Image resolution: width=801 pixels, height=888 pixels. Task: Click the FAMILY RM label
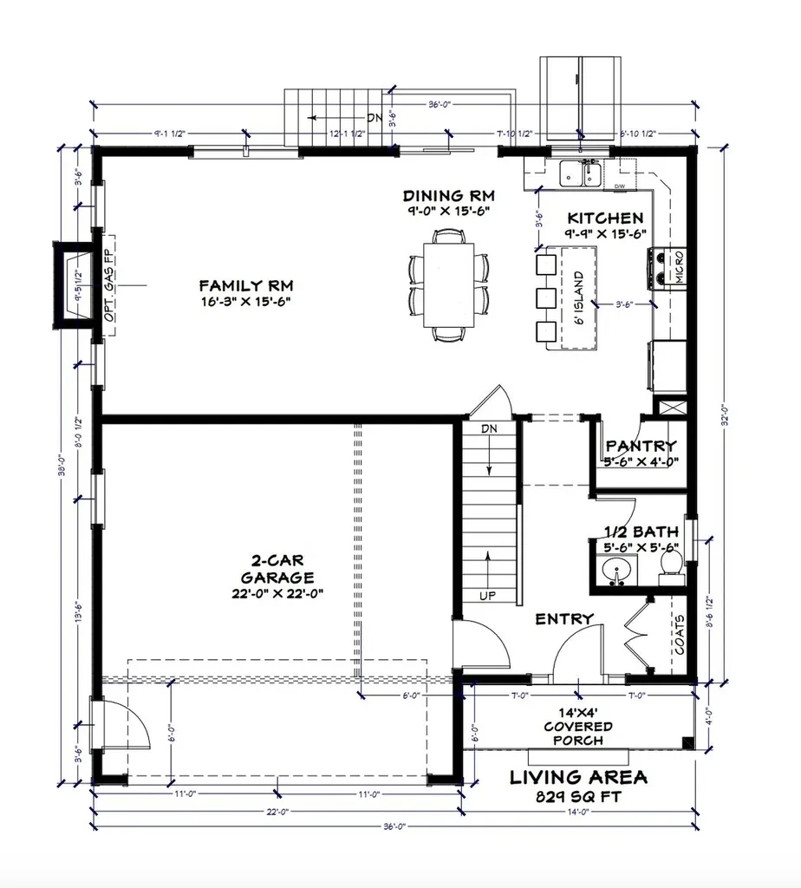pyautogui.click(x=245, y=285)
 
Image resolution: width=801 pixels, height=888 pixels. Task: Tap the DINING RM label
pyautogui.click(x=447, y=195)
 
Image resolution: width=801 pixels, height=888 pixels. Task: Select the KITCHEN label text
pyautogui.click(x=605, y=219)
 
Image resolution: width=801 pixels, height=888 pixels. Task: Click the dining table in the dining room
pyautogui.click(x=448, y=284)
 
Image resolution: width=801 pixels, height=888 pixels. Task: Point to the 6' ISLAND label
pyautogui.click(x=578, y=297)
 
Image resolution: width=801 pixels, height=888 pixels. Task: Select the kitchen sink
pyautogui.click(x=580, y=173)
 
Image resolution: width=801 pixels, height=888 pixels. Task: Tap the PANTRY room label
pyautogui.click(x=641, y=446)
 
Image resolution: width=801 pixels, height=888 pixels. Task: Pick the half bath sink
pyautogui.click(x=618, y=571)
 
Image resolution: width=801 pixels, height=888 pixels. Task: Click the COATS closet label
pyautogui.click(x=681, y=635)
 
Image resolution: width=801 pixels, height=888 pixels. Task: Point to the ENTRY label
pyautogui.click(x=564, y=619)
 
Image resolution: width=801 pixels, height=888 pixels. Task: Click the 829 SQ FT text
pyautogui.click(x=578, y=796)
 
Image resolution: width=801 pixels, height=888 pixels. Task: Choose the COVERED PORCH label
pyautogui.click(x=578, y=727)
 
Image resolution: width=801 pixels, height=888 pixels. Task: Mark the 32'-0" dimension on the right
pyautogui.click(x=727, y=416)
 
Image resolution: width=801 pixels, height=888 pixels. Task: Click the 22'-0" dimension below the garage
pyautogui.click(x=277, y=813)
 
